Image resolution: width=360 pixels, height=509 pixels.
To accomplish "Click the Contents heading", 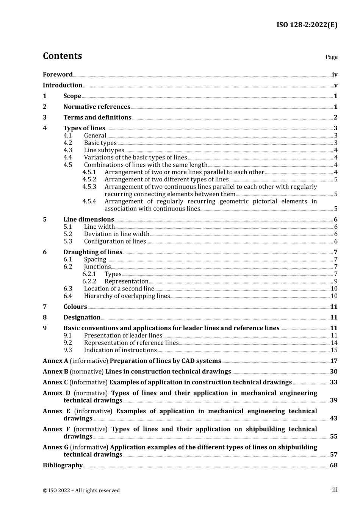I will click(x=62, y=56).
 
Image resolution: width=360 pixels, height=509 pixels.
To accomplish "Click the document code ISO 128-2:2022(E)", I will click(x=307, y=25).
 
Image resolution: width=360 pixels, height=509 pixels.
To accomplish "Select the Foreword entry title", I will click(x=58, y=75).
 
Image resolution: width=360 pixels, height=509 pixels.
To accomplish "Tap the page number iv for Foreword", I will click(x=335, y=75).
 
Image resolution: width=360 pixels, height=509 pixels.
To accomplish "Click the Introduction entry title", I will click(x=63, y=85).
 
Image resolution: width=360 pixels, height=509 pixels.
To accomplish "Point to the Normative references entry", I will click(x=97, y=107).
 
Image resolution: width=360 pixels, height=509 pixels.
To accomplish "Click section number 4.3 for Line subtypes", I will click(x=67, y=150).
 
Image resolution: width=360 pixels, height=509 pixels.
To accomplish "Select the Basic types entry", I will click(x=100, y=143).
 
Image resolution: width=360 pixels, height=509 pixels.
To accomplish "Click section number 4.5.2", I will click(x=89, y=180).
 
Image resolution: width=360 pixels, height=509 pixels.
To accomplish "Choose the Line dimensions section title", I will click(x=88, y=220).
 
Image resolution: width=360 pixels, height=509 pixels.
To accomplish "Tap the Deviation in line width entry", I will click(x=116, y=234).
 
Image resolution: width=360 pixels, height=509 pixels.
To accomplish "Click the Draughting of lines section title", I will click(x=92, y=252).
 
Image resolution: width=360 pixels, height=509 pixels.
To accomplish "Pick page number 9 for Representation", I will click(x=336, y=281).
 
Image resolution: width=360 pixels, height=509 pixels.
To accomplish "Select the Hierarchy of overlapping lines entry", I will click(x=127, y=296).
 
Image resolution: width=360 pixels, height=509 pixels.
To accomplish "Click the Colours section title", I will click(x=75, y=307).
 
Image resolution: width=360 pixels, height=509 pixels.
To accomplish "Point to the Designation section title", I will click(x=82, y=317).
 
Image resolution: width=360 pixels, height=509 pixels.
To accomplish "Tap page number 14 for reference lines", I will click(x=334, y=343).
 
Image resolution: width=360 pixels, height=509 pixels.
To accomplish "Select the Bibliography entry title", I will click(x=63, y=465).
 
